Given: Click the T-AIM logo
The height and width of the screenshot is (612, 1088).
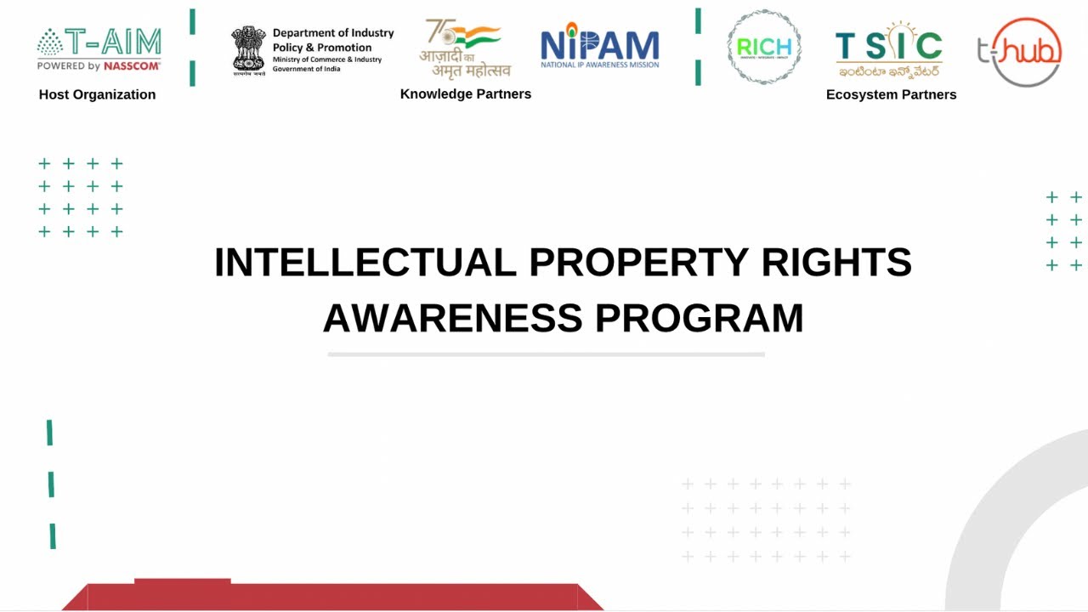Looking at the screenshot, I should (x=99, y=49).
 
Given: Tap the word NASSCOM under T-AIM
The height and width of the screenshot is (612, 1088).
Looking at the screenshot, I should (x=132, y=65).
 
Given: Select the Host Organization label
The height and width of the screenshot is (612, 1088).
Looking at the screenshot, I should (x=97, y=94).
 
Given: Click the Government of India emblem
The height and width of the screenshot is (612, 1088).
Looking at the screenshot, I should (x=248, y=50).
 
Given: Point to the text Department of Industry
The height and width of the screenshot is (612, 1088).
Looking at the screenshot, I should (x=333, y=33).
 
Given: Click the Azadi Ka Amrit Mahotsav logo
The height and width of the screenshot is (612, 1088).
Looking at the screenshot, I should (x=464, y=49).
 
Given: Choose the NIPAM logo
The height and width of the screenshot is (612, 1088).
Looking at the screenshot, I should (x=599, y=47).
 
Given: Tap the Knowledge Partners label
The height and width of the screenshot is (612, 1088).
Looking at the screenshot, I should (x=466, y=93).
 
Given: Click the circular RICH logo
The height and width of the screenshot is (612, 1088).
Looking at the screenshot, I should (x=764, y=48).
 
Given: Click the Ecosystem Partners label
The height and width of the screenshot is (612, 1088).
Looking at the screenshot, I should (x=891, y=94).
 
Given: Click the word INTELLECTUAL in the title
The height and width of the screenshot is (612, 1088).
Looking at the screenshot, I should (x=365, y=262).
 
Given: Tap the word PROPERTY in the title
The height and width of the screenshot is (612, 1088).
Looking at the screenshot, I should (x=638, y=262).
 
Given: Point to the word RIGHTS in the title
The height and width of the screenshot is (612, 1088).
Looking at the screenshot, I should (x=836, y=262).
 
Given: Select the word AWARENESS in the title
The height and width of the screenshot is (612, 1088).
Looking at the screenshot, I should (x=452, y=318).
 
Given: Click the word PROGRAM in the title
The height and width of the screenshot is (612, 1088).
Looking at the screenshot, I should (x=699, y=318).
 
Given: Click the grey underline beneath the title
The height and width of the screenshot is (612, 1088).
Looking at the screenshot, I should (x=546, y=354).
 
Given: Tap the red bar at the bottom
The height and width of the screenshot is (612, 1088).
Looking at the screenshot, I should (x=331, y=596).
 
